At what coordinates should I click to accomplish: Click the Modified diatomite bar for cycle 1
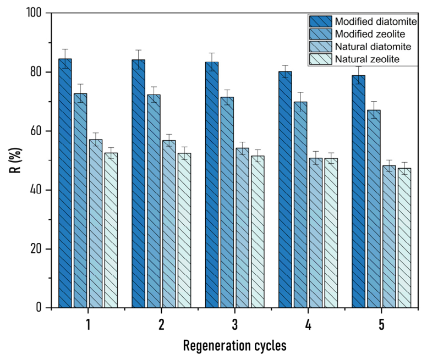65,183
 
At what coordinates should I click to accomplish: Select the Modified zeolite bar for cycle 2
154,201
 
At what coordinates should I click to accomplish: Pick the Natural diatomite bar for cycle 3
242,228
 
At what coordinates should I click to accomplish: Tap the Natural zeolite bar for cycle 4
331,233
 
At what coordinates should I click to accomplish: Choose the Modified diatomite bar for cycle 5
358,192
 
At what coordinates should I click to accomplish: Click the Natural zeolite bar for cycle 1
111,230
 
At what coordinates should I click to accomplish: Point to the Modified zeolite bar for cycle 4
300,205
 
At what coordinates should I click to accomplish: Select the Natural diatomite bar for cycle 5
389,236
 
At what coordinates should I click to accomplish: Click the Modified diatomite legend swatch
320,21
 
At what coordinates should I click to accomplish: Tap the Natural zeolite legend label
367,59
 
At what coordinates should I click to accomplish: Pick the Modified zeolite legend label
370,34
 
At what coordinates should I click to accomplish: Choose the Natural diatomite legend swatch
320,47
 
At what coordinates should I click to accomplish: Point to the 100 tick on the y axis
48,13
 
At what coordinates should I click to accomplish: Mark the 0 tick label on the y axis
39,308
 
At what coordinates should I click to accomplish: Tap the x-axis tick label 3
234,324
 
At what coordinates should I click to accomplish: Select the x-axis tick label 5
381,324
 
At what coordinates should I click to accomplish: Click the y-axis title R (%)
15,160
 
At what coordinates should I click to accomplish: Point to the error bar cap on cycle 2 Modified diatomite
139,50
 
